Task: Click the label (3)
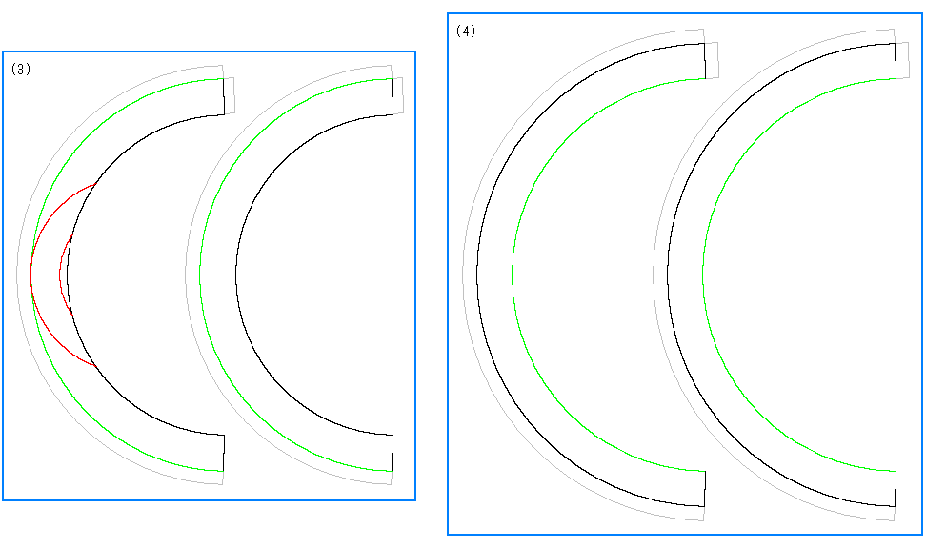[x=21, y=70]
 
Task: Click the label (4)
[x=466, y=31]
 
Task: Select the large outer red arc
[x=31, y=275]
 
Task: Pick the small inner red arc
[x=60, y=275]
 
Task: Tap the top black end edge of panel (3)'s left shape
[x=224, y=96]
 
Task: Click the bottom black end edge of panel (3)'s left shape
[x=224, y=453]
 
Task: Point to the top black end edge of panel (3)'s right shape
[x=393, y=96]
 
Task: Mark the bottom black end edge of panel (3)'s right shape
[x=393, y=453]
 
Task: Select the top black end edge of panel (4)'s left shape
[x=705, y=61]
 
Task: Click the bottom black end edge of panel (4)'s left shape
[x=705, y=489]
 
